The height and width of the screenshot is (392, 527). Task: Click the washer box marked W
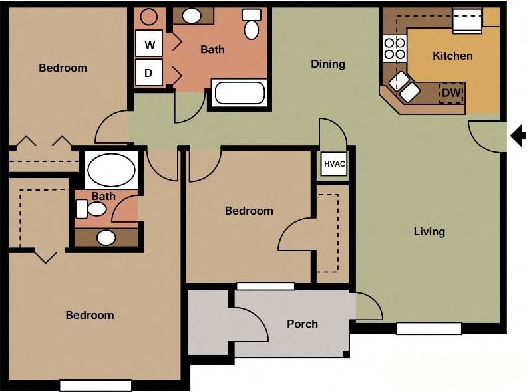tap(150, 45)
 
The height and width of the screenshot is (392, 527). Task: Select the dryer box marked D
tap(150, 73)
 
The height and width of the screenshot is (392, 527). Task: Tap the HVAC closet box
tap(334, 163)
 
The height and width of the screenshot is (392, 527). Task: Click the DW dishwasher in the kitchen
tap(451, 93)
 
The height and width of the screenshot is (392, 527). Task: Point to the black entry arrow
tap(518, 136)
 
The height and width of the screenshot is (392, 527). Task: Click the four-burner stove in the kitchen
tap(395, 48)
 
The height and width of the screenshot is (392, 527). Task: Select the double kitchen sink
tap(404, 87)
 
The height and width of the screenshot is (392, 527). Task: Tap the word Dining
tap(328, 64)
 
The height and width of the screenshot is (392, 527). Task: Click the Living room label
tap(429, 231)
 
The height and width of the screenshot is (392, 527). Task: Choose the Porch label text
tap(302, 324)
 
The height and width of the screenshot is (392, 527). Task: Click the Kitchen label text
tap(452, 56)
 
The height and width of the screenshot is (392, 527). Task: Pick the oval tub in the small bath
tap(111, 170)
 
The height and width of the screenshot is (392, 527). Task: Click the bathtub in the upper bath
tap(240, 92)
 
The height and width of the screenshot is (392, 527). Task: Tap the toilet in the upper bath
tap(252, 25)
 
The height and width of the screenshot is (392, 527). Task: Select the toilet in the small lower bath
tap(92, 209)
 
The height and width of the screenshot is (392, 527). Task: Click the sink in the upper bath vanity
tap(193, 16)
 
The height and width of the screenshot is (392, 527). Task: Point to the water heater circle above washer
tap(150, 17)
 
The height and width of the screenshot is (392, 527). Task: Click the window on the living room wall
tap(429, 328)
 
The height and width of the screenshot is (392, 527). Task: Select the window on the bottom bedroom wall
tap(96, 385)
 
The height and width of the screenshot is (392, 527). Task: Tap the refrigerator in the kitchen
tap(467, 20)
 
